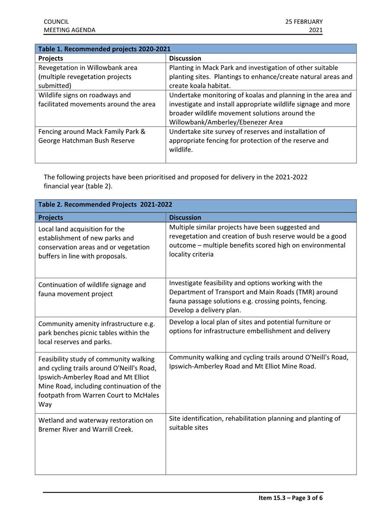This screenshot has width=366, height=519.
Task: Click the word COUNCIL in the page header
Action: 56,21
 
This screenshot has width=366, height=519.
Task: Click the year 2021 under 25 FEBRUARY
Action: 315,30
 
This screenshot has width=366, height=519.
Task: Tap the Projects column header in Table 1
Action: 51,58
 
